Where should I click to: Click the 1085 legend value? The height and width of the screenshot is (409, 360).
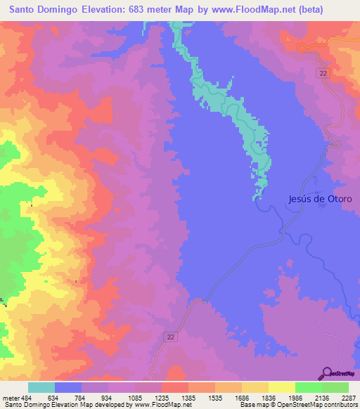(x=135, y=398)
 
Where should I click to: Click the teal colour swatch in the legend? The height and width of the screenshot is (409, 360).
(x=41, y=387)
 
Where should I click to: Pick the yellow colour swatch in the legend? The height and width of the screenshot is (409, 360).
(x=282, y=387)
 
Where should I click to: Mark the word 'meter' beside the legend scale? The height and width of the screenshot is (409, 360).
(x=9, y=398)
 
